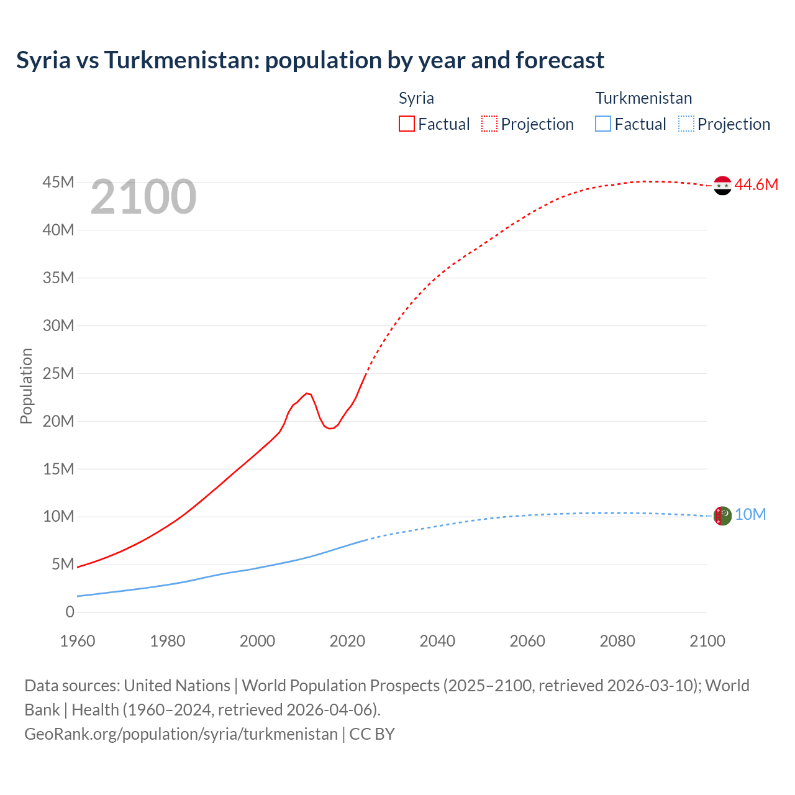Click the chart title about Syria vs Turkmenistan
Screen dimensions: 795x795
310,60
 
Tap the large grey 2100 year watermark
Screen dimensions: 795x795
143,197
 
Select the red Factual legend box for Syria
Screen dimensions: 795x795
406,124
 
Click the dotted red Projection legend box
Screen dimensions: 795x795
489,124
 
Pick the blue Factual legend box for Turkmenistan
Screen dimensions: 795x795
602,124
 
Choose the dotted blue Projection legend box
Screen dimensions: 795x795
686,124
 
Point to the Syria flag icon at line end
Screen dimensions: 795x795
722,185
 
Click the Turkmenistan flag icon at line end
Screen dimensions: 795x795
722,516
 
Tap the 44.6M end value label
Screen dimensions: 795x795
756,184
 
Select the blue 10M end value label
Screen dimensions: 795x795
750,515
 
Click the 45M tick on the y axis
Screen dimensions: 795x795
58,182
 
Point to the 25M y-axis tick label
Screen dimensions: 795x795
58,373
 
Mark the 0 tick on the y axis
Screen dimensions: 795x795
70,612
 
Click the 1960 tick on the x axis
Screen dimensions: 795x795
78,641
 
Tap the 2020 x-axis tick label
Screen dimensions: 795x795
347,641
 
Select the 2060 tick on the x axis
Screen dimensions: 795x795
527,641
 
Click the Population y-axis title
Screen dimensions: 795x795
26,386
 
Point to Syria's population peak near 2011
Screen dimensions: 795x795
307,393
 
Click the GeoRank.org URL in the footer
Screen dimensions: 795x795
181,734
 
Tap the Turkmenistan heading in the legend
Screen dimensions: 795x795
643,98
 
